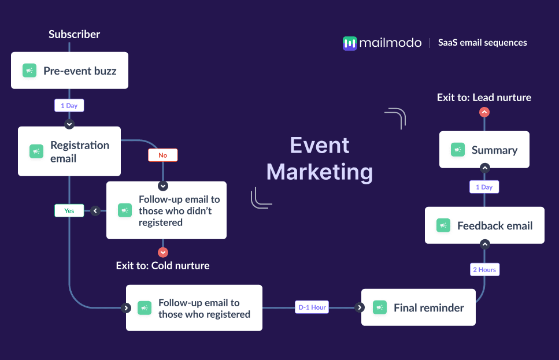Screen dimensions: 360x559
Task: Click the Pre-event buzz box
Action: [x=69, y=71]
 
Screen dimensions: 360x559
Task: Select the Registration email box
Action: [x=69, y=151]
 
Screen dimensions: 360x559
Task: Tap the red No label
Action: [x=162, y=155]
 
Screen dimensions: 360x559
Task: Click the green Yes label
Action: [x=69, y=211]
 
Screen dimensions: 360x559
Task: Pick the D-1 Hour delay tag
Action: [x=312, y=307]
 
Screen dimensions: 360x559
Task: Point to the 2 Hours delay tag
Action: [x=484, y=269]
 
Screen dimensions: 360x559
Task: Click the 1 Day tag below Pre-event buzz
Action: [x=69, y=105]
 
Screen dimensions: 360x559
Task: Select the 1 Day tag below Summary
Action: [x=484, y=187]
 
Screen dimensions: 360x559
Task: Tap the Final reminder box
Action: [x=418, y=308]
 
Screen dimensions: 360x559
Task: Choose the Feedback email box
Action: [x=484, y=225]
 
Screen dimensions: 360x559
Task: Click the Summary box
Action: [x=484, y=150]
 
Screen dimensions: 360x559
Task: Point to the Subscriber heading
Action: [x=74, y=34]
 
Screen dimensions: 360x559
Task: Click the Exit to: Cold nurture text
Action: [x=162, y=266]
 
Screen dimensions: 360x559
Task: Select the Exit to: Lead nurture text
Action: [x=484, y=98]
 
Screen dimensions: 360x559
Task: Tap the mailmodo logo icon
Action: [x=350, y=43]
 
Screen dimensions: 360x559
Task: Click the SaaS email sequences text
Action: [x=483, y=43]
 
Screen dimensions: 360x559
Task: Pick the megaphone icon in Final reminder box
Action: [x=380, y=308]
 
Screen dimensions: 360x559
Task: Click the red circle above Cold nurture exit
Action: [x=163, y=253]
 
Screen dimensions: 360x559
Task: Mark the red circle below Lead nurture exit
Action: [x=484, y=112]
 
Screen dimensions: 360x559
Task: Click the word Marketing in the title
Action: [x=320, y=172]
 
